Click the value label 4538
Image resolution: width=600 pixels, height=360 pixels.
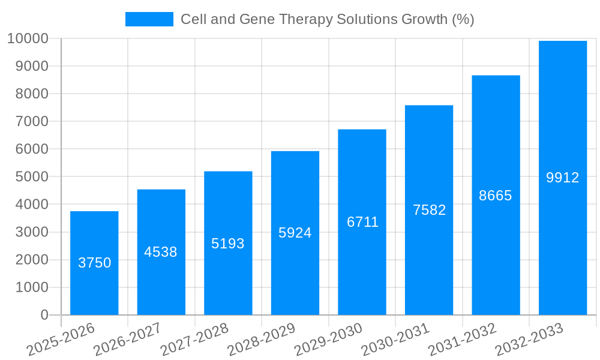[x=161, y=252]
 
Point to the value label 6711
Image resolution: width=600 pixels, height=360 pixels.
[x=362, y=222]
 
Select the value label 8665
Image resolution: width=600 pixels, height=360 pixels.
[x=496, y=196]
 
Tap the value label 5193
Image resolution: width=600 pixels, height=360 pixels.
[x=228, y=244]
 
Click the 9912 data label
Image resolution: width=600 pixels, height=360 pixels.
[x=563, y=178]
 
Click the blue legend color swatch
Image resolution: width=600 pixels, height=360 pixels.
[x=149, y=19]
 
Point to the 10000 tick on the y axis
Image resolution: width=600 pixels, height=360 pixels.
[x=28, y=38]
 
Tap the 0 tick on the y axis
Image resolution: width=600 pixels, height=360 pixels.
[x=44, y=315]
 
